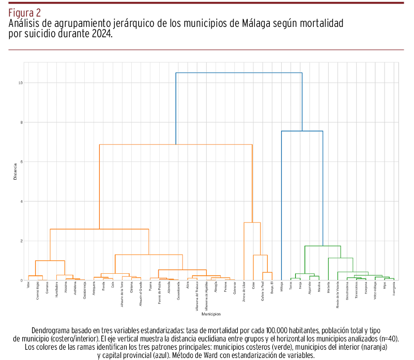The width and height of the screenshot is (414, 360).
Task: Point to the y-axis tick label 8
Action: coord(21,122)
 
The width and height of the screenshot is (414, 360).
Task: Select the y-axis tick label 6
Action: coord(21,162)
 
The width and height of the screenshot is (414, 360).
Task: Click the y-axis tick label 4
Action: coord(21,201)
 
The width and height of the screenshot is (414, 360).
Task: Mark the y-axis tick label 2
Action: coord(21,241)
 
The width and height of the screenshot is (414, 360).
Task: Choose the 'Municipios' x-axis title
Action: coord(211,314)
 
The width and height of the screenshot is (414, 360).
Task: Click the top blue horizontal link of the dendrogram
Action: coord(239,73)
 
